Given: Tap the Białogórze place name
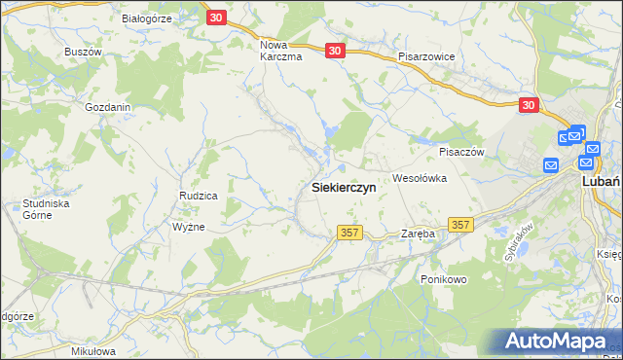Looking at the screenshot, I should pos(146,18).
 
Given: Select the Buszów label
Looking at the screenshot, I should pos(83,51).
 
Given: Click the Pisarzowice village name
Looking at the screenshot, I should pos(426,56).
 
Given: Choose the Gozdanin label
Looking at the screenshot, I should pos(107,107).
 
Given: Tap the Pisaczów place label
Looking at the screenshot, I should pos(461,152).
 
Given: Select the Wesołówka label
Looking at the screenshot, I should pos(419,178).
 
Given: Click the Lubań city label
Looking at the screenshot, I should pos(601,181).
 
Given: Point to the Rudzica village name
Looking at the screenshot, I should pos(198,196).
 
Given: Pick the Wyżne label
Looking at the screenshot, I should pos(188,226).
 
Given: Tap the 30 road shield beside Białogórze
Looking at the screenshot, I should pos(217,17).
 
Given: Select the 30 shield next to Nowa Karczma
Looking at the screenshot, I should pos(336,52).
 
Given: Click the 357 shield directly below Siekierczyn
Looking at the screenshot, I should pos(350,233).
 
